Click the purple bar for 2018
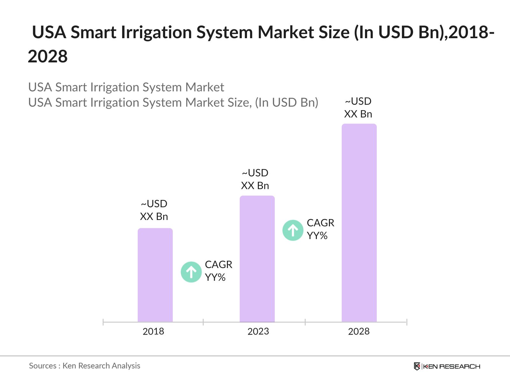pyautogui.click(x=155, y=275)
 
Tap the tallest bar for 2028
pyautogui.click(x=359, y=223)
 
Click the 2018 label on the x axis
pyautogui.click(x=153, y=331)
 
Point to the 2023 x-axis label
pyautogui.click(x=258, y=331)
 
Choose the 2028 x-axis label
pyautogui.click(x=359, y=331)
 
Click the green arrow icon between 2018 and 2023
pyautogui.click(x=191, y=272)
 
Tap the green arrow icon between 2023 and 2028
pyautogui.click(x=293, y=230)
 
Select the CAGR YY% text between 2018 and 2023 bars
pyautogui.click(x=218, y=271)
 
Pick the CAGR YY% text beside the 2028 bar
pyautogui.click(x=320, y=229)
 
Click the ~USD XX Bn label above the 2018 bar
pyautogui.click(x=154, y=210)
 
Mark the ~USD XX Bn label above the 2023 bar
pyautogui.click(x=255, y=179)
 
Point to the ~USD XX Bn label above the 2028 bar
pyautogui.click(x=358, y=108)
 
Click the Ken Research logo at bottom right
pyautogui.click(x=447, y=366)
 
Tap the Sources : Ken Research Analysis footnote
pyautogui.click(x=84, y=366)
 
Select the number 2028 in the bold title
pyautogui.click(x=48, y=57)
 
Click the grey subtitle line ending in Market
pyautogui.click(x=126, y=87)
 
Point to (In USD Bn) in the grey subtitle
pyautogui.click(x=287, y=103)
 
